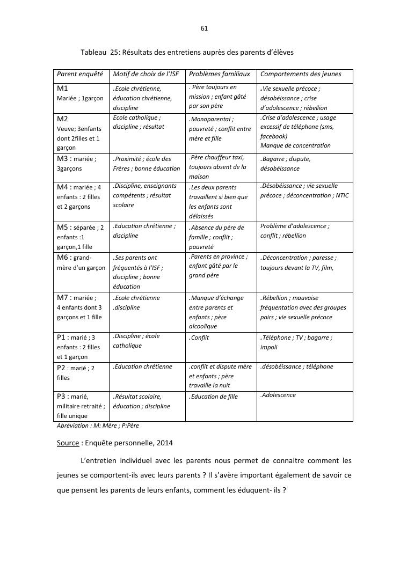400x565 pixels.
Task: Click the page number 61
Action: click(204, 28)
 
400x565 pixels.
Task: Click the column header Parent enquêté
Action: click(79, 74)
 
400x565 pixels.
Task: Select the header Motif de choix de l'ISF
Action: click(146, 74)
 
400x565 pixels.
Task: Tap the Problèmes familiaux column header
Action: click(219, 74)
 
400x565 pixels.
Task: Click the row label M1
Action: click(63, 89)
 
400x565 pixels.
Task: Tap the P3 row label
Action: click(63, 397)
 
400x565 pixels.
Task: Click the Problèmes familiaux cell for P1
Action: click(200, 337)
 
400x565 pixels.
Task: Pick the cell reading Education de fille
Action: click(214, 397)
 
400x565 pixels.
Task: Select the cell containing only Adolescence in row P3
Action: click(279, 395)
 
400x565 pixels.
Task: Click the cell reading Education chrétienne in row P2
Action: click(143, 366)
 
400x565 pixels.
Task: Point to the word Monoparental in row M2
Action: click(212, 119)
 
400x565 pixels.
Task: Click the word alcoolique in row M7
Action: click(203, 326)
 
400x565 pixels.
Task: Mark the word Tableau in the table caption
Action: click(93, 52)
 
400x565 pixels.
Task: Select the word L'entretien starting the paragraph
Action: click(98, 460)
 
